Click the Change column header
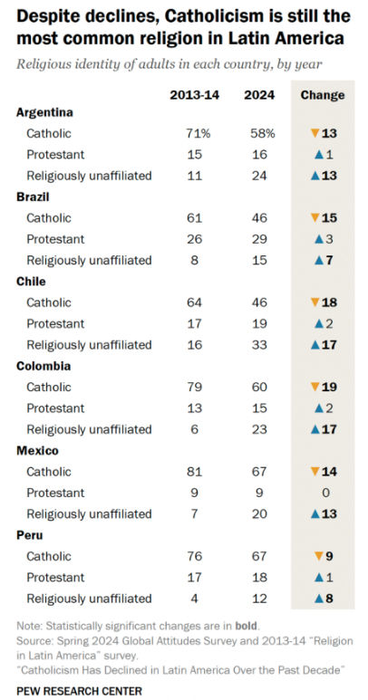coord(322,95)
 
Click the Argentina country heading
coord(44,112)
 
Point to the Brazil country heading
coord(34,197)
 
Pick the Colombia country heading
coord(42,366)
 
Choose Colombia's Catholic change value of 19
coord(329,388)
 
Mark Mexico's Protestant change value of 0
coord(323,494)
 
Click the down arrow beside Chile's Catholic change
coord(315,302)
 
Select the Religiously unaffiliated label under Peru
coord(89,599)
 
